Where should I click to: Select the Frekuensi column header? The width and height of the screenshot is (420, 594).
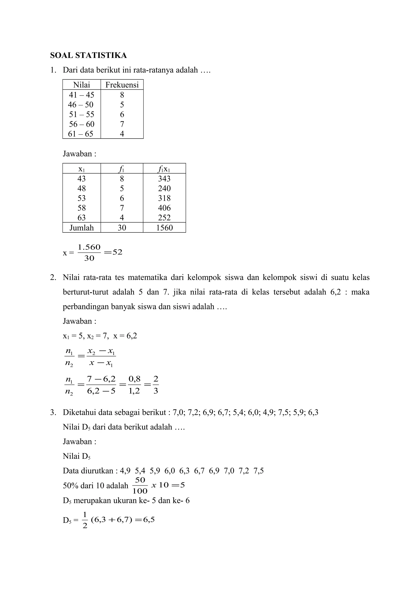coord(122,85)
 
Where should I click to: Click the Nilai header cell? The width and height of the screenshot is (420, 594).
coord(81,85)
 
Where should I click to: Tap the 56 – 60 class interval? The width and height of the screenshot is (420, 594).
coord(81,124)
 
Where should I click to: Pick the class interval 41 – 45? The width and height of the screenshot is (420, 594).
coord(81,95)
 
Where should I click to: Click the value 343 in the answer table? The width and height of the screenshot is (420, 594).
coord(164,179)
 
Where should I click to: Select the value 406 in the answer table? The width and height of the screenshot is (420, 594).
coord(164,208)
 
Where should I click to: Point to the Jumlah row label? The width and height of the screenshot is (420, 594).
coord(81,228)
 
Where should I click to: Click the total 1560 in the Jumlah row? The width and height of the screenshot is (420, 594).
coord(164,228)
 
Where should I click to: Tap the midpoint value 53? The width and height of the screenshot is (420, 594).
coord(81,198)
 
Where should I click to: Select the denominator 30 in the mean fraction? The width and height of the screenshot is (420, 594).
coord(89,258)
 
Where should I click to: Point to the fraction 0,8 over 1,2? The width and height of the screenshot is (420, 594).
coord(134,385)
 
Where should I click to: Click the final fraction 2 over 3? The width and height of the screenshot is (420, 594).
coord(155,385)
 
